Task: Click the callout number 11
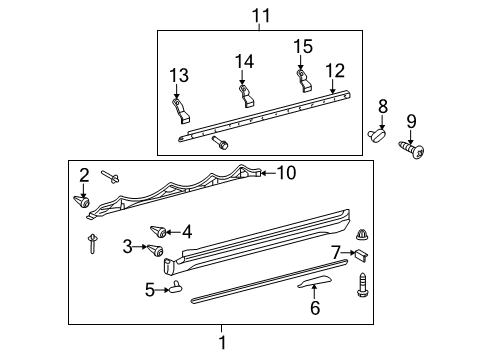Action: [261, 15]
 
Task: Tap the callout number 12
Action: [335, 70]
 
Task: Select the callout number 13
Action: [178, 75]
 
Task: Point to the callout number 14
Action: [244, 62]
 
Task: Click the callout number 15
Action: [302, 47]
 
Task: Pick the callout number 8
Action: [382, 105]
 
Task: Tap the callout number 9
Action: [410, 122]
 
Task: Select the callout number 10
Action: [286, 173]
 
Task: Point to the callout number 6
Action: [315, 308]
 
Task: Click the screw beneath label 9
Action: [411, 150]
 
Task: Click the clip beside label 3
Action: [158, 248]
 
